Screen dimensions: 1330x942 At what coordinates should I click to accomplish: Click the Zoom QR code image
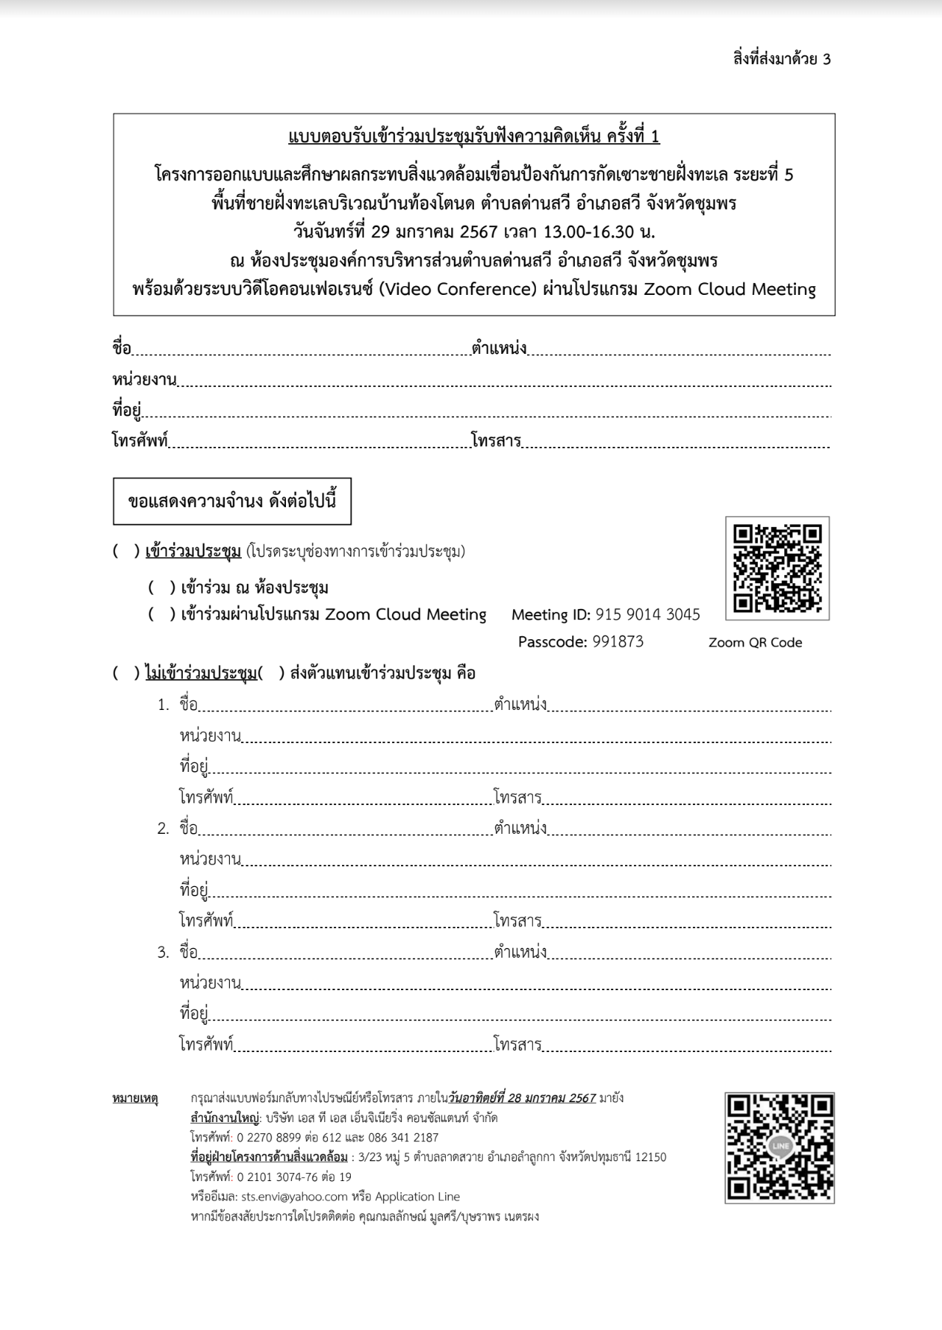pos(777,568)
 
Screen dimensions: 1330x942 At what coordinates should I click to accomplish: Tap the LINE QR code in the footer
pos(779,1147)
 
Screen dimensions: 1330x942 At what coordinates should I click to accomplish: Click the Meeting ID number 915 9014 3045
pos(647,615)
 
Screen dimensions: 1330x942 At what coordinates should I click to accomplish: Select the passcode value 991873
pos(618,641)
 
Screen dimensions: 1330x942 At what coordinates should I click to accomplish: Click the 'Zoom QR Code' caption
pos(755,643)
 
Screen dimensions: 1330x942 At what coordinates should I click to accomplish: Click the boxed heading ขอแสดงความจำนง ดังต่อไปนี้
pos(231,501)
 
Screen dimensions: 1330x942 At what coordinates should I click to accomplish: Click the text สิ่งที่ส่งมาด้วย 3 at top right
pos(781,59)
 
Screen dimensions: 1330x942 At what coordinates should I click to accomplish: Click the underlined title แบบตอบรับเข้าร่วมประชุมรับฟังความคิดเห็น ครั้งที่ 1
pos(473,137)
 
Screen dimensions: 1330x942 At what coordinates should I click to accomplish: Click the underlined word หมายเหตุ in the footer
pos(135,1098)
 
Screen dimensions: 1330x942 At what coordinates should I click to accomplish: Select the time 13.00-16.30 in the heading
pos(588,231)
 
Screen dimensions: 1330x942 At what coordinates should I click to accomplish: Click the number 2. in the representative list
pos(163,829)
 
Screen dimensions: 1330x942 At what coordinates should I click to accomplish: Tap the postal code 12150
pos(650,1157)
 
